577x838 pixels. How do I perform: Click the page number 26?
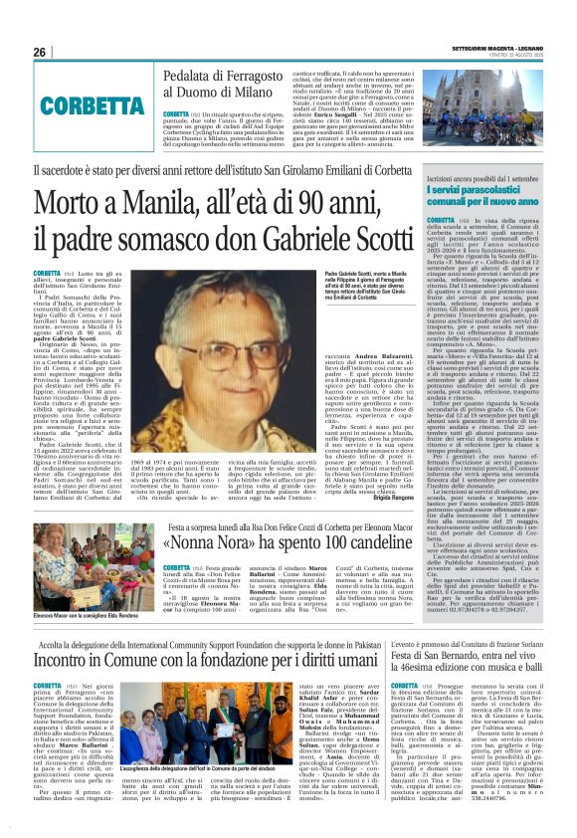(39, 52)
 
